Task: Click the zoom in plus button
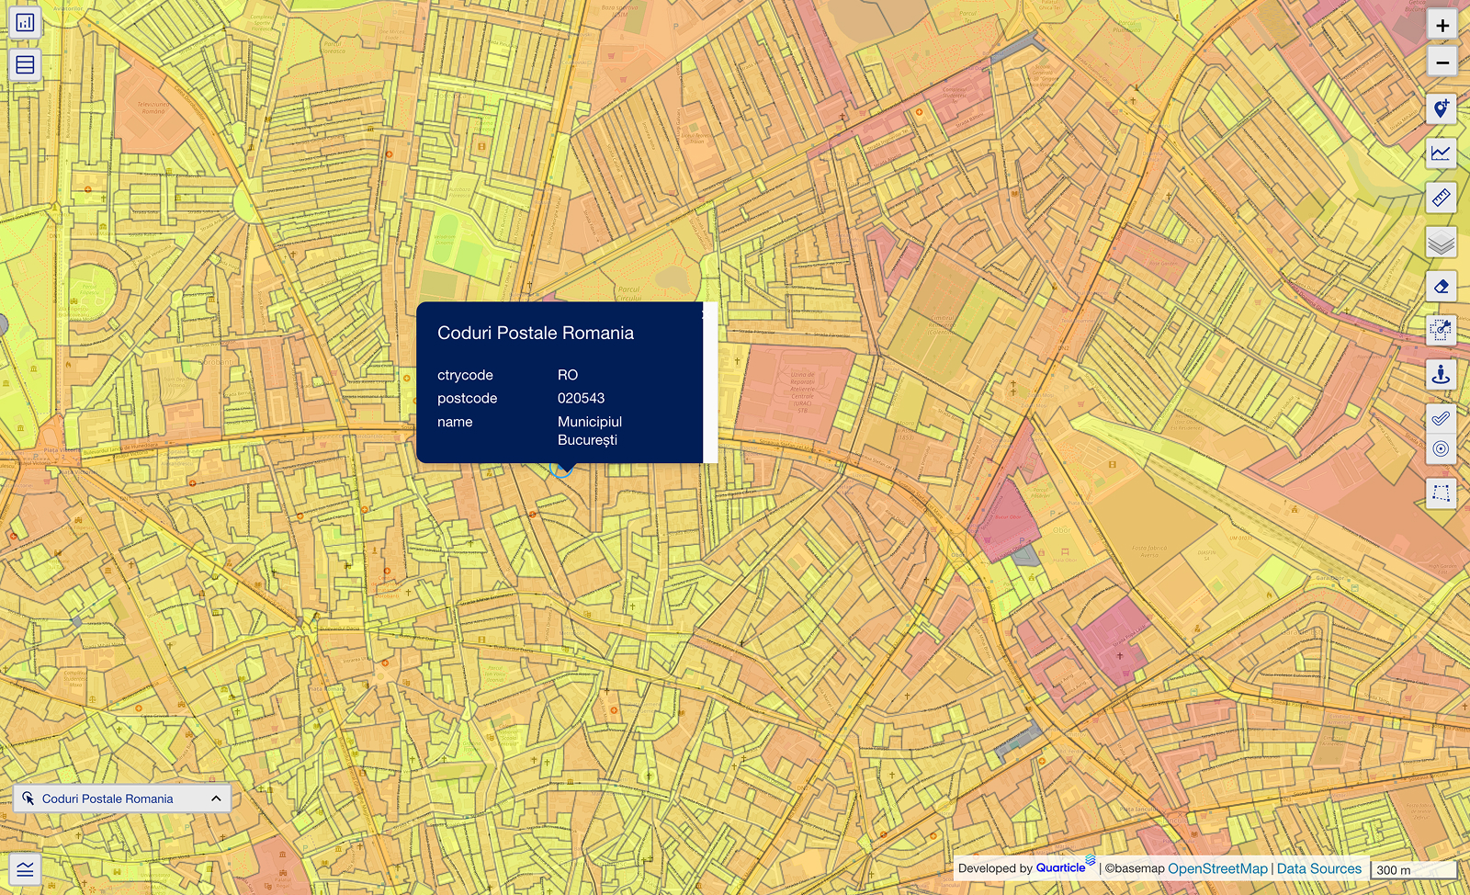(x=1442, y=26)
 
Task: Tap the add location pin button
(x=1441, y=109)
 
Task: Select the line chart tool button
(x=1441, y=153)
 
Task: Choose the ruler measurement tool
(x=1441, y=198)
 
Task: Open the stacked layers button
(x=1441, y=243)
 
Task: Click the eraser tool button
(x=1441, y=287)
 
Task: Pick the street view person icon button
(x=1441, y=375)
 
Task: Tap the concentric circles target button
(x=1441, y=448)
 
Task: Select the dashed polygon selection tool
(x=1441, y=493)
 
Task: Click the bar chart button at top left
(x=25, y=22)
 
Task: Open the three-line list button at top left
(x=25, y=65)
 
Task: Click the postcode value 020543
(x=581, y=398)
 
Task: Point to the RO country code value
(x=568, y=375)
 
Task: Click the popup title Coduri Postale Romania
(x=536, y=333)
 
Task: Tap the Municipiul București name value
(x=589, y=431)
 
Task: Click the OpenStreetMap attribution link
(x=1217, y=868)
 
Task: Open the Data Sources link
(x=1318, y=868)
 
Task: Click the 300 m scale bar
(x=1413, y=869)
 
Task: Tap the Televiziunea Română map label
(x=153, y=108)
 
